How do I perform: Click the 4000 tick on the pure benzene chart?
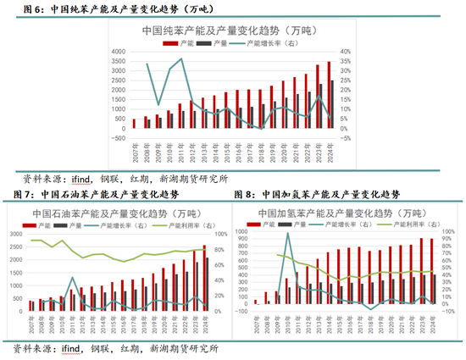coord(120,51)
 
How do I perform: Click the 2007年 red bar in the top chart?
coord(134,124)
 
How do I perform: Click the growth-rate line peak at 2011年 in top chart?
coord(181,59)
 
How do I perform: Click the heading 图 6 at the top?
coord(31,9)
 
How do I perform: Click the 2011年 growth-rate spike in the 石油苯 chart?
coord(72,278)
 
